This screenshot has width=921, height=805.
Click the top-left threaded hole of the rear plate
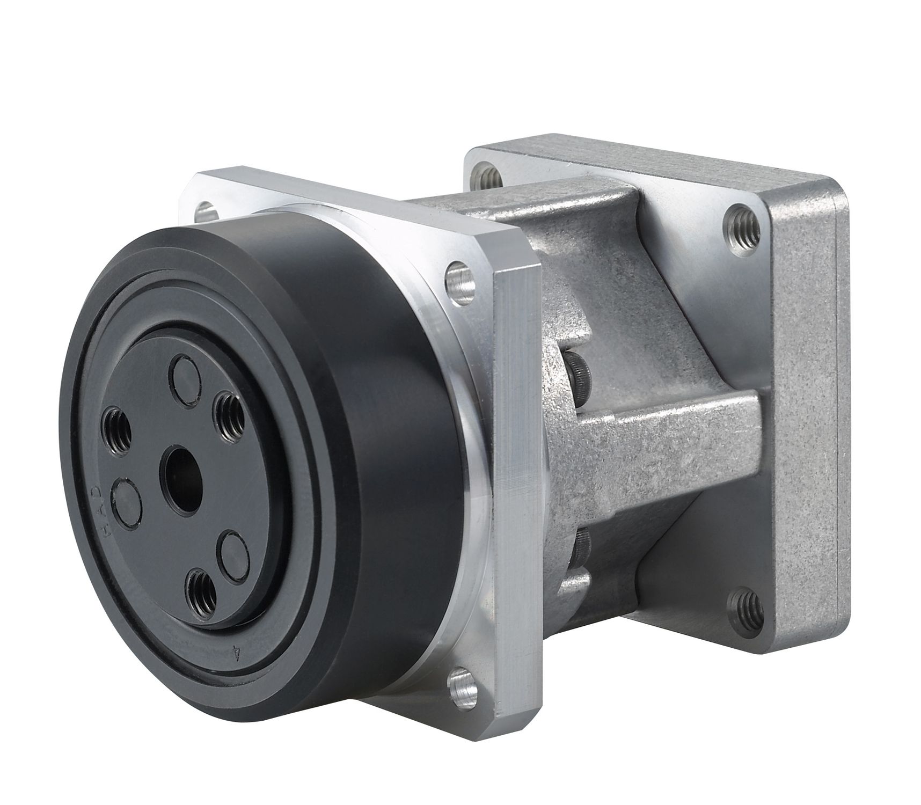click(x=486, y=174)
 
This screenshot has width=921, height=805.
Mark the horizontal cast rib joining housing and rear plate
click(x=671, y=440)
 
